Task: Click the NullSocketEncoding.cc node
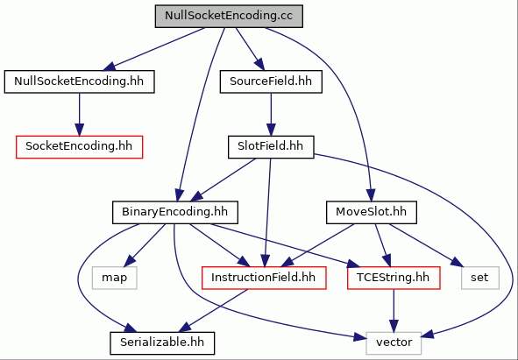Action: [229, 16]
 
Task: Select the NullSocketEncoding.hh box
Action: [79, 81]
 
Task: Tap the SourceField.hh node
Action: [271, 81]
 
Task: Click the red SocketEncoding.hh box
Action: [79, 147]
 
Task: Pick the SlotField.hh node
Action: [271, 147]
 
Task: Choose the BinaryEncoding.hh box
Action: [175, 212]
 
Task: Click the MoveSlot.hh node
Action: [372, 212]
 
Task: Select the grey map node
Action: [114, 278]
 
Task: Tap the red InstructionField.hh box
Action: [264, 278]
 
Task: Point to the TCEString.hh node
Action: [394, 278]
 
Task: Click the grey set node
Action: [480, 278]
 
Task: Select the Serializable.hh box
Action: [162, 343]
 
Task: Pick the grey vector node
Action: [394, 343]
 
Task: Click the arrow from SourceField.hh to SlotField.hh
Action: [271, 114]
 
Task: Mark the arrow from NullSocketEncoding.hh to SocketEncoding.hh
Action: [79, 114]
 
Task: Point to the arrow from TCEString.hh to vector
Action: [394, 310]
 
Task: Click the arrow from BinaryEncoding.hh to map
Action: [145, 246]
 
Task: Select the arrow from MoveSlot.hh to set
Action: [426, 245]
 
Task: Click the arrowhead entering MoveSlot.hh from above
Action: [371, 194]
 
